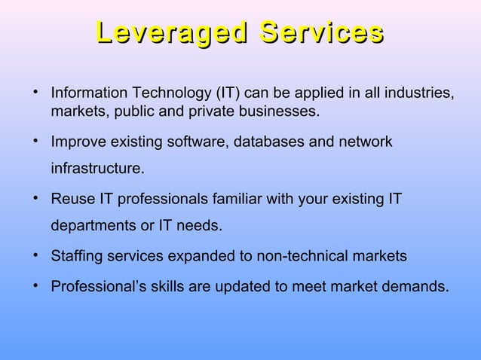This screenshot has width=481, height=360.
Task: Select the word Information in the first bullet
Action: pyautogui.click(x=87, y=95)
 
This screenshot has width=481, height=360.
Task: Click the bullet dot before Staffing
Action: pyautogui.click(x=35, y=256)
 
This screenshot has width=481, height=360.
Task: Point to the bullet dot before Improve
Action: pyautogui.click(x=35, y=141)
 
